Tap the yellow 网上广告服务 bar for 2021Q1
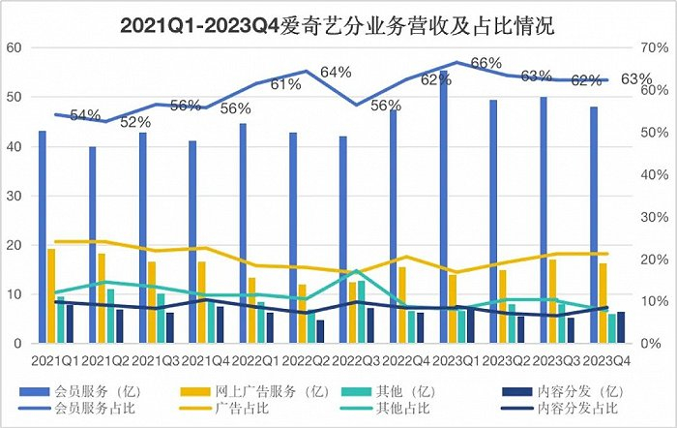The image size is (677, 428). point(51,295)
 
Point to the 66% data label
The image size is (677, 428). point(486,64)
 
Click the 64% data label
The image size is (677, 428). point(336,73)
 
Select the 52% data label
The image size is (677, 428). point(135,123)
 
